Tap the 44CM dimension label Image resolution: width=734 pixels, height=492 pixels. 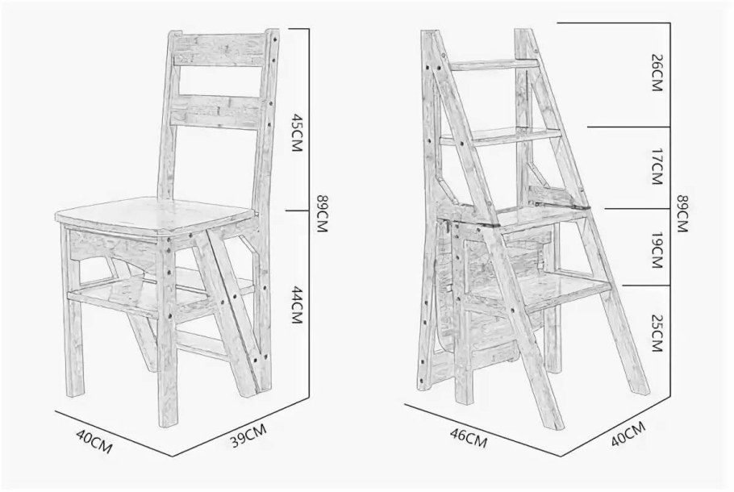click(x=298, y=304)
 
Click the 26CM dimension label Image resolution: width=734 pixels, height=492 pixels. click(x=657, y=73)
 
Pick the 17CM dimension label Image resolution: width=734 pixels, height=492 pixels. click(x=657, y=167)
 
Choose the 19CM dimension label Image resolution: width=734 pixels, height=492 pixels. click(x=657, y=250)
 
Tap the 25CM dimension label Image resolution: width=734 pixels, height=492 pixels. click(x=657, y=334)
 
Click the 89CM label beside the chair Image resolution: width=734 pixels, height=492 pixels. click(x=322, y=213)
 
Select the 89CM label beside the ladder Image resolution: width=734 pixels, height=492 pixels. click(x=682, y=213)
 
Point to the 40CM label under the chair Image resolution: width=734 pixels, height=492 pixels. click(x=94, y=441)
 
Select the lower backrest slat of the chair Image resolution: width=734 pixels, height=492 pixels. click(x=215, y=110)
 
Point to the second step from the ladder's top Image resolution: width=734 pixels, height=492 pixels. click(x=502, y=136)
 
